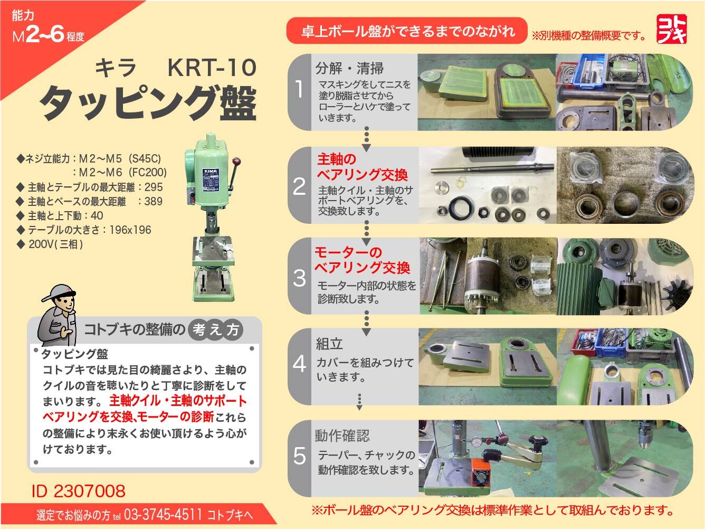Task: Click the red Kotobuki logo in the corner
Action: [x=672, y=29]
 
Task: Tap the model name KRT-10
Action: [x=212, y=68]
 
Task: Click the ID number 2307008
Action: [x=79, y=491]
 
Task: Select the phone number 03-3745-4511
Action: [x=163, y=514]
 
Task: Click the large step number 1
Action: [x=299, y=89]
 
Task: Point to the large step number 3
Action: [x=299, y=278]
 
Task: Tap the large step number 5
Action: [x=299, y=456]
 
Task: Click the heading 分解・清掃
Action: [x=349, y=68]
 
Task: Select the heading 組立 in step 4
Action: [x=329, y=344]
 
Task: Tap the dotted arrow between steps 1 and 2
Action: [x=366, y=139]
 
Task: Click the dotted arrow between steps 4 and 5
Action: [x=359, y=402]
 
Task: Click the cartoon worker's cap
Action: [x=59, y=292]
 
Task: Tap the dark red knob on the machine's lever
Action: [x=237, y=161]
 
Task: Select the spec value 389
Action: [x=153, y=202]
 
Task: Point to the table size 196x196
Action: [x=130, y=230]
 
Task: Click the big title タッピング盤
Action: [x=148, y=103]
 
